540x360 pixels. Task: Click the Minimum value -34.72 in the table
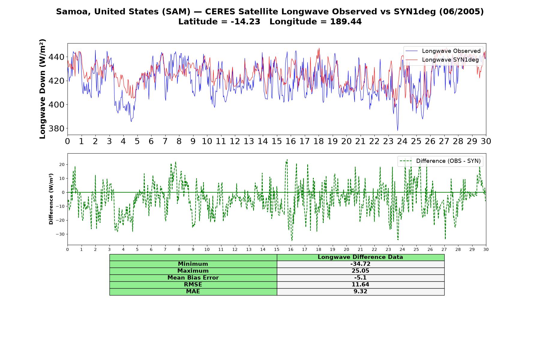tap(360, 264)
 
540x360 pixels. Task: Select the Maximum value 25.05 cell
tap(360, 271)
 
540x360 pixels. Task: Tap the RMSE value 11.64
tap(360, 285)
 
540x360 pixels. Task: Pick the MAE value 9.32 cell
tap(360, 292)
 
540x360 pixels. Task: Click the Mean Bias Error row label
tap(193, 278)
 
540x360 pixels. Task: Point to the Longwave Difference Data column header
tap(360, 257)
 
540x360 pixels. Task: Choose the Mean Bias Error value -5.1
tap(360, 278)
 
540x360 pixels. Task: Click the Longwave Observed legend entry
tap(443, 51)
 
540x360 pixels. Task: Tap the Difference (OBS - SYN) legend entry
tap(440, 161)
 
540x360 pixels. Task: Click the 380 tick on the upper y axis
tap(57, 128)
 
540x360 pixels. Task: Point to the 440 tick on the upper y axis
tap(57, 57)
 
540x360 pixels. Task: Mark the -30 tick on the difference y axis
tap(60, 234)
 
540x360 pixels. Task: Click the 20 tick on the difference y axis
tap(62, 165)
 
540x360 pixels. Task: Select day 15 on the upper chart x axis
tap(277, 141)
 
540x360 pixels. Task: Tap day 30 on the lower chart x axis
tap(486, 249)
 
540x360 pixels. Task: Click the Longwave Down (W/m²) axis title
tap(42, 89)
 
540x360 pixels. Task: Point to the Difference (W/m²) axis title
tap(51, 199)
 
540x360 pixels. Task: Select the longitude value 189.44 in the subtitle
tap(346, 22)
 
